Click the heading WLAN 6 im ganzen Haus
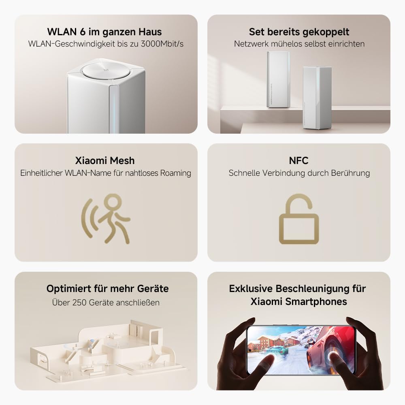pos(104,32)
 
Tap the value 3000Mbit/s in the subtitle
pos(162,44)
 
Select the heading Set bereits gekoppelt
pos(299,32)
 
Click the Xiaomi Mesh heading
pos(105,160)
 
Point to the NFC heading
pos(298,160)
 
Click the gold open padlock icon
pos(299,221)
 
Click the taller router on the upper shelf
pos(278,79)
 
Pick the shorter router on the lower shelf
pos(317,98)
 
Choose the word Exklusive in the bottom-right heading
pos(250,289)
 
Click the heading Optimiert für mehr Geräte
pos(107,289)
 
